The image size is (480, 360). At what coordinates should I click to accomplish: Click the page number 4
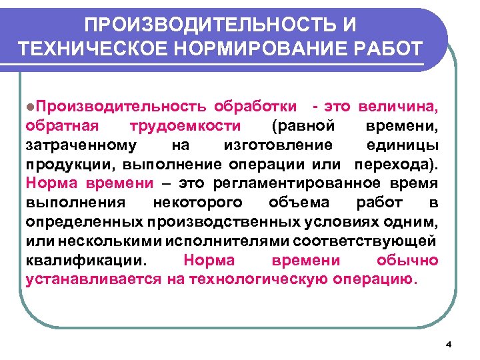pyautogui.click(x=448, y=344)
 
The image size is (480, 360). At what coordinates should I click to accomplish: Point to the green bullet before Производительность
pyautogui.click(x=31, y=107)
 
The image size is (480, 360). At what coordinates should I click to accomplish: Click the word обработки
pyautogui.click(x=257, y=107)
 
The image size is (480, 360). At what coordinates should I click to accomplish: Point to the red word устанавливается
pyautogui.click(x=93, y=279)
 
